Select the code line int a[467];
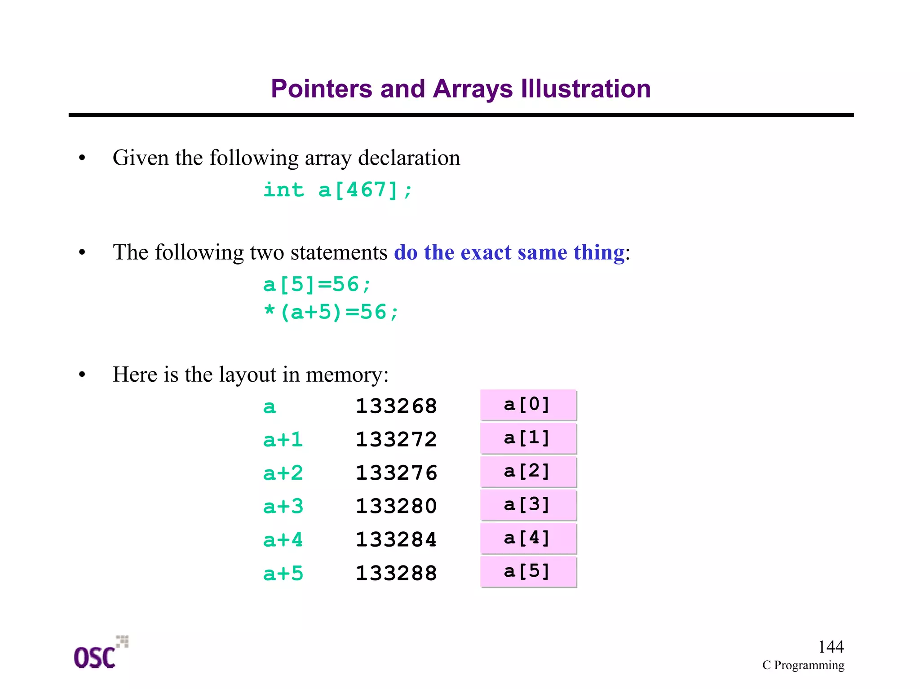337,190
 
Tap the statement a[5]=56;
317,285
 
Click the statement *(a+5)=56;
331,312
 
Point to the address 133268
396,406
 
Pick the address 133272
396,439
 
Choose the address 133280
396,506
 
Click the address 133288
396,573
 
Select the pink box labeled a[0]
528,405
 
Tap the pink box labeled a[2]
528,472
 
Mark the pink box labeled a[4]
528,538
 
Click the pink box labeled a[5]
528,572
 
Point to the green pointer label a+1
283,440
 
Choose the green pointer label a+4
283,540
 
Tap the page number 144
831,647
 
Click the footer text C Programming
803,665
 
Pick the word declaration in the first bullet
409,158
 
